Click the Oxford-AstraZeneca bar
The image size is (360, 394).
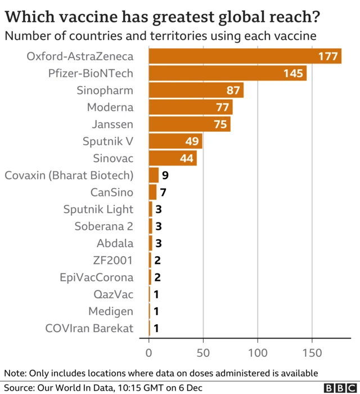click(245, 56)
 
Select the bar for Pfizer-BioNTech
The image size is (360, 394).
click(227, 73)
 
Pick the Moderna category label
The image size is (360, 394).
click(110, 108)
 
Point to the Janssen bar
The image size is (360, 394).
click(190, 124)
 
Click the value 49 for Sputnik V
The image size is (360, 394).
click(192, 141)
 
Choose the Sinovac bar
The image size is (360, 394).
click(173, 158)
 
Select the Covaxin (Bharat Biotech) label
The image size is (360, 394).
click(69, 175)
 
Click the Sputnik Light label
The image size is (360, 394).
click(98, 209)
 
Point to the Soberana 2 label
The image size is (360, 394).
click(103, 226)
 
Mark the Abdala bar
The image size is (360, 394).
click(151, 243)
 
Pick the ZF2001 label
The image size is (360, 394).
click(113, 260)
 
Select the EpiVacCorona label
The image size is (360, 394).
click(97, 277)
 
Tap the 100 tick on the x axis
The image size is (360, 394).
click(258, 353)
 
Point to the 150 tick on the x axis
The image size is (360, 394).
click(312, 353)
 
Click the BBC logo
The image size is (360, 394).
click(339, 387)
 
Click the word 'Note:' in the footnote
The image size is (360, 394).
click(16, 373)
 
